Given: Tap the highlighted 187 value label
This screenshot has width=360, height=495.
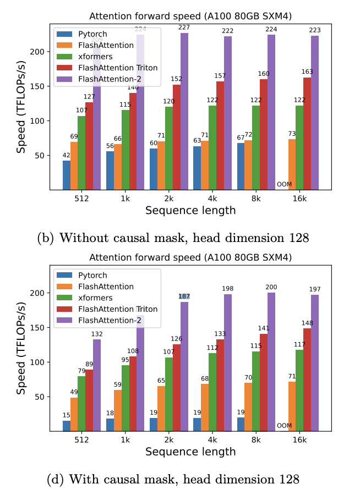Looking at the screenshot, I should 184,296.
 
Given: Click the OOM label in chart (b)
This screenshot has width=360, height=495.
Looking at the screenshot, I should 284,184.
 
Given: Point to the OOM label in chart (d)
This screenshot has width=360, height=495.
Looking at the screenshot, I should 284,425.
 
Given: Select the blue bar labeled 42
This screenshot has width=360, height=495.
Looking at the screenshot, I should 67,175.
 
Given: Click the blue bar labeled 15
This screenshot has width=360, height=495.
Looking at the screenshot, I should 67,426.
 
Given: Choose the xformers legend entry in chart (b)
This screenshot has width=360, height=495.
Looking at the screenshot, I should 95,56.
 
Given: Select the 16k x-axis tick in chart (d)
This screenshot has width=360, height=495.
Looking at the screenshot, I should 299,440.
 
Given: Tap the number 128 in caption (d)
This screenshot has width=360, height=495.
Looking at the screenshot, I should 288,479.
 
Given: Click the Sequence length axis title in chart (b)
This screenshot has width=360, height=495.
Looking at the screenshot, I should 190,210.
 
